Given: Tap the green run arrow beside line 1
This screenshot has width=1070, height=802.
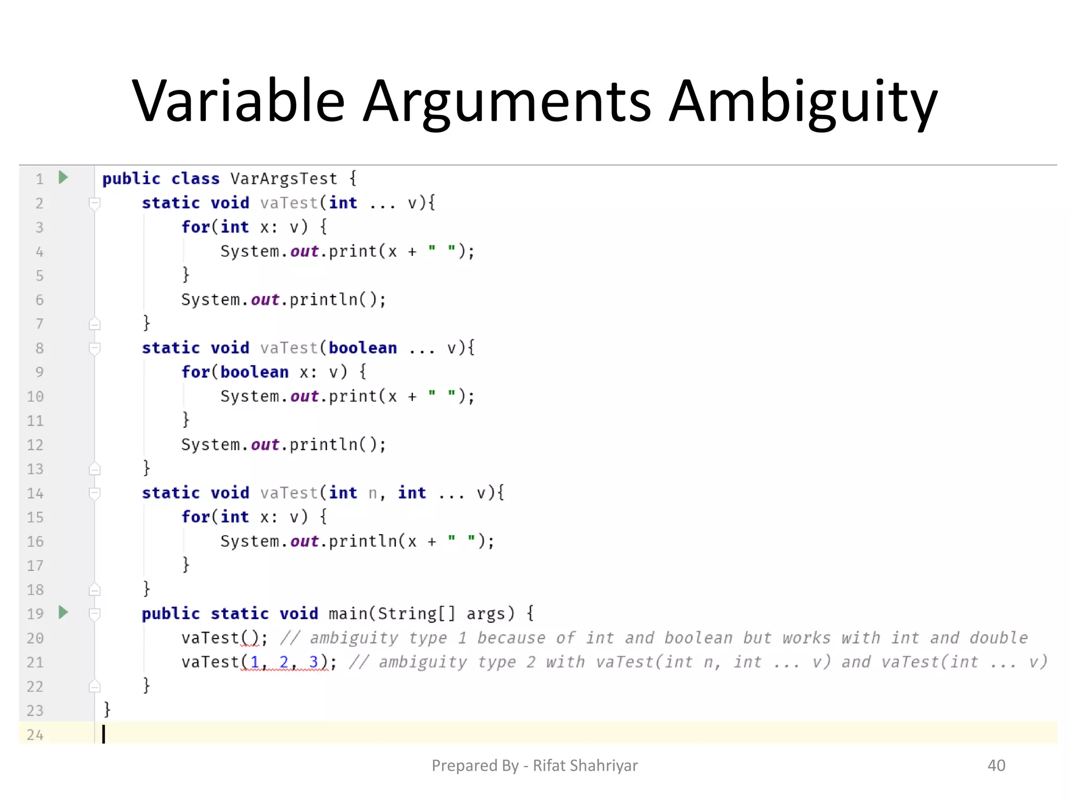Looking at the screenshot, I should (63, 178).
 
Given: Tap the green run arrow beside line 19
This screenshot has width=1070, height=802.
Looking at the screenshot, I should (63, 612).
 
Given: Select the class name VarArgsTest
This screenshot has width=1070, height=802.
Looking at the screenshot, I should (284, 179).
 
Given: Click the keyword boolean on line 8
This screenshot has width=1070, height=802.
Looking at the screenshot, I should (363, 348).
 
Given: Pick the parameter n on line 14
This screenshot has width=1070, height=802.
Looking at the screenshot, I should (373, 493).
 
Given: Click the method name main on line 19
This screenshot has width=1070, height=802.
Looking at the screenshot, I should (348, 614).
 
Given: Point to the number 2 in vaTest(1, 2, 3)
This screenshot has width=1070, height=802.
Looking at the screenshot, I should (284, 662).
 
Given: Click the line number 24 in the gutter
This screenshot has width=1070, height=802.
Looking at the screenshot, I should (35, 735).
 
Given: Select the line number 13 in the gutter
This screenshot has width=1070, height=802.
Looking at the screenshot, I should (35, 469).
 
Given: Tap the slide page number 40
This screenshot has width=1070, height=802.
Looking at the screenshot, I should (996, 765).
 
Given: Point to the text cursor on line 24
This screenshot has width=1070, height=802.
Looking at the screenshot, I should (103, 734).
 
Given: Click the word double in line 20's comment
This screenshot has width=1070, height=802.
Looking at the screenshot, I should (998, 638).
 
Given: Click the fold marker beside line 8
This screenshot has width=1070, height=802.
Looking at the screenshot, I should (95, 348).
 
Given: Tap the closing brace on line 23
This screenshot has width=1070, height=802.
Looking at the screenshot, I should (107, 710).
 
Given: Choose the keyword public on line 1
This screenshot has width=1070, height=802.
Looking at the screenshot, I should (131, 179).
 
